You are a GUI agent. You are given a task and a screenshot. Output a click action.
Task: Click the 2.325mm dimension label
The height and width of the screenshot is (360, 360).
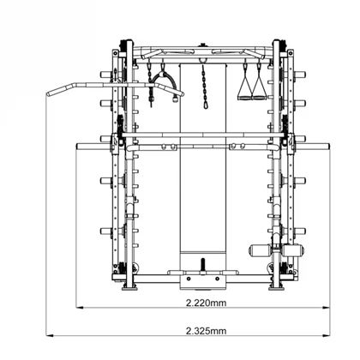[x=206, y=330]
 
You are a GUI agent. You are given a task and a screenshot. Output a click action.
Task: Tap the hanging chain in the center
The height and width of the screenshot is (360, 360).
[x=204, y=86]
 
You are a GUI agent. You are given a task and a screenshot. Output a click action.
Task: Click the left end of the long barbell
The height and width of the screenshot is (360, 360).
[x=79, y=146]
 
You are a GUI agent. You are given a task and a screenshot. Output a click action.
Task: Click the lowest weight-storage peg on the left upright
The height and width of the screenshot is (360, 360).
[x=106, y=230]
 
